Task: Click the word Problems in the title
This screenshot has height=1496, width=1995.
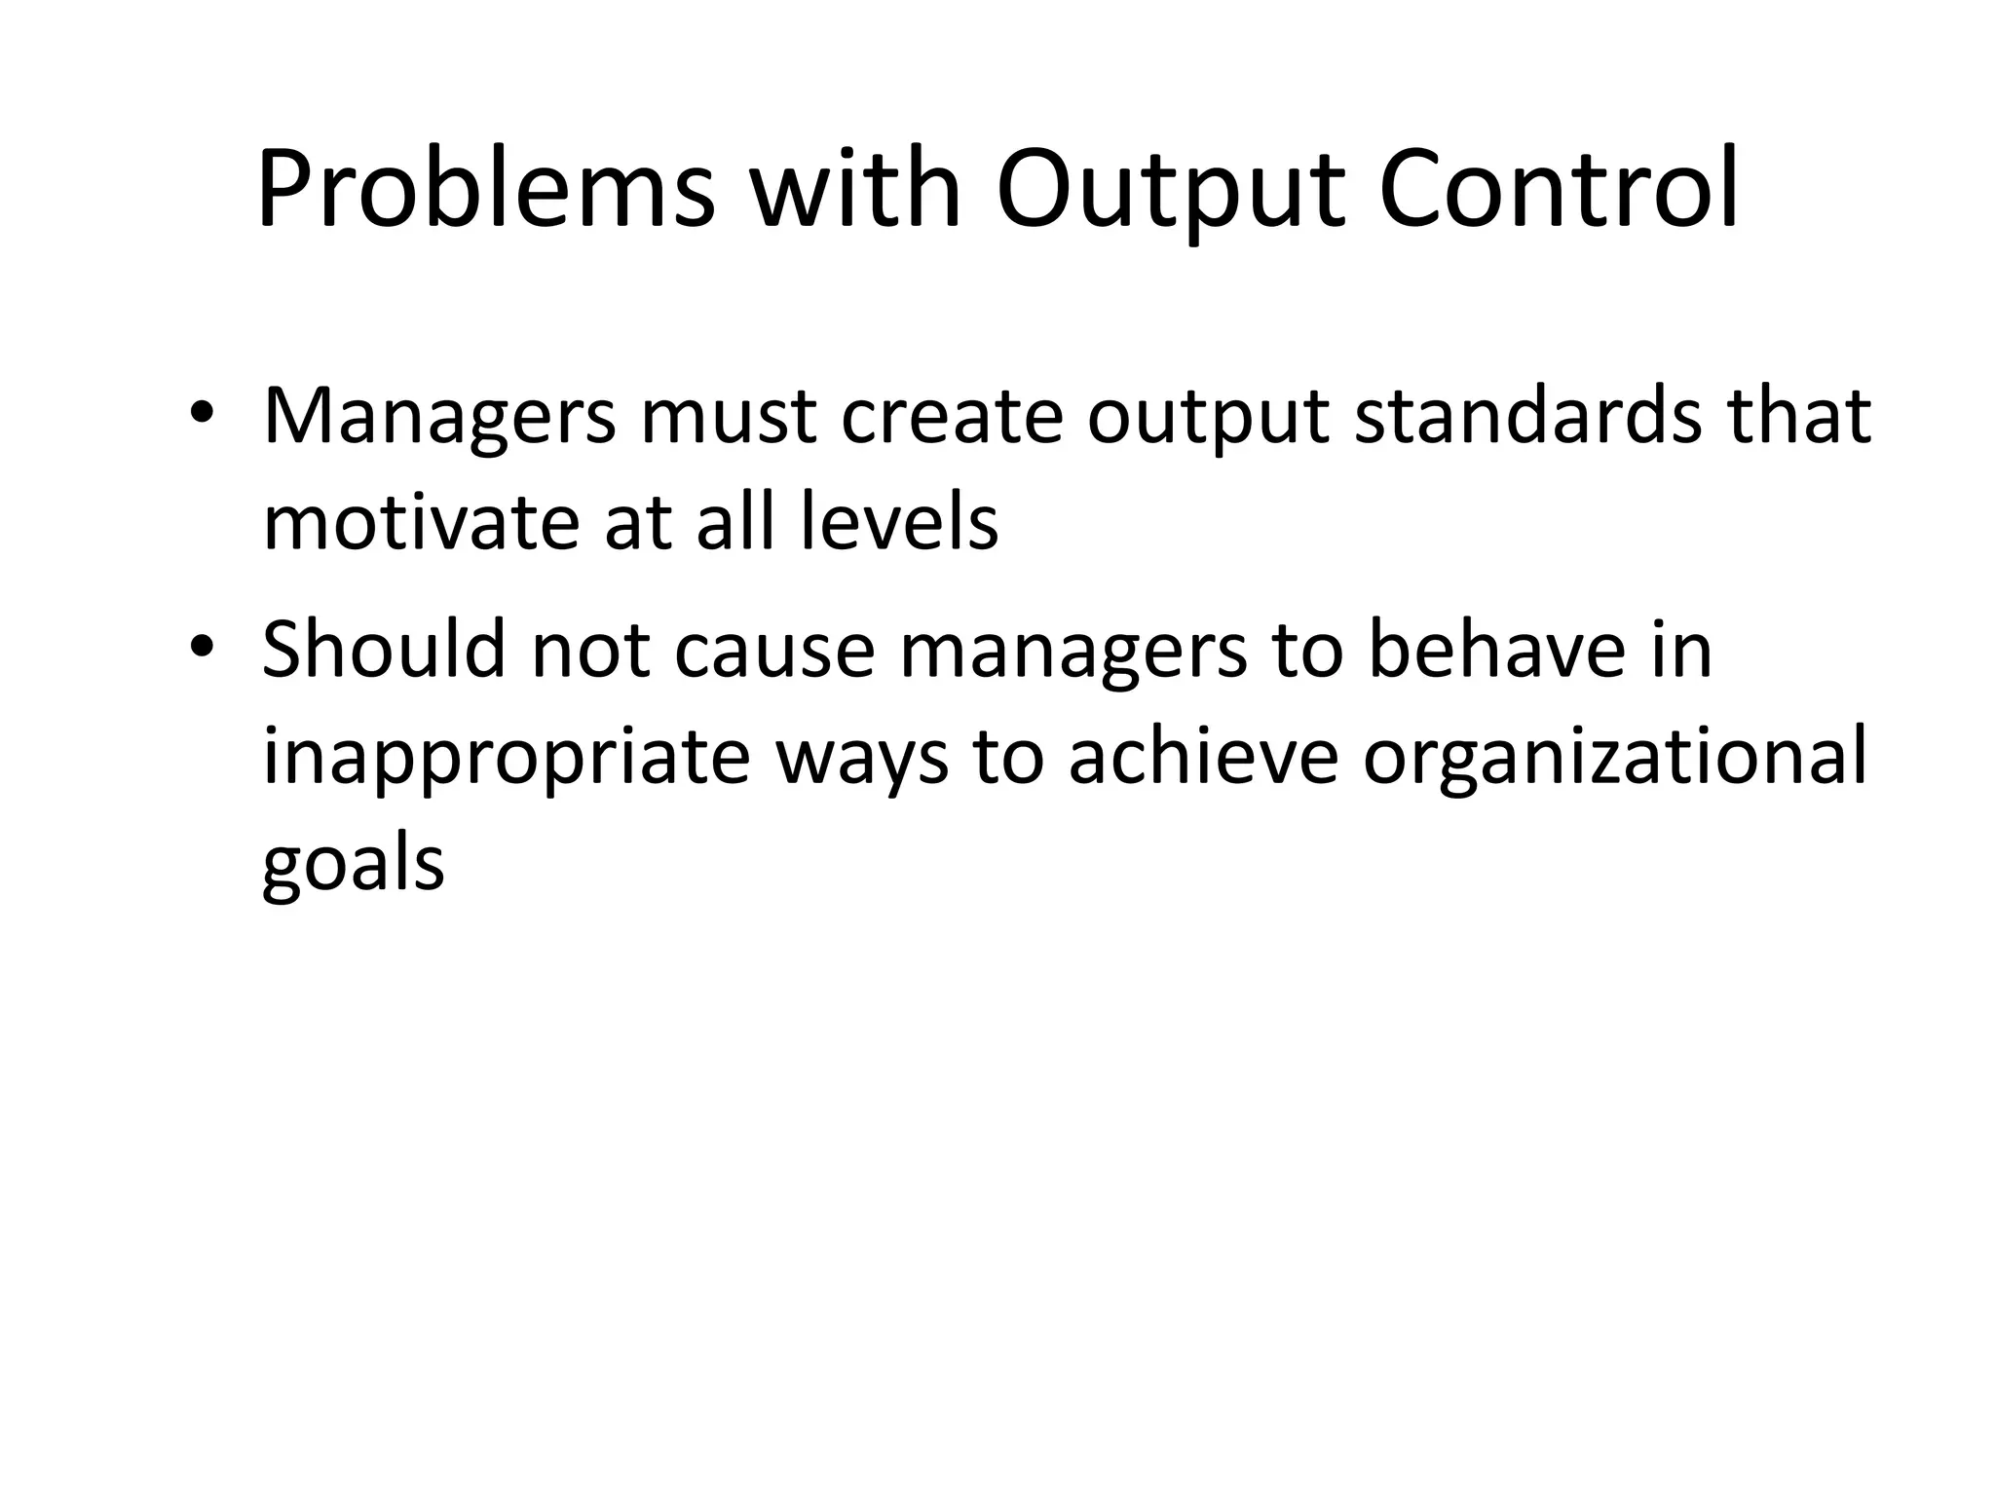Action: point(485,190)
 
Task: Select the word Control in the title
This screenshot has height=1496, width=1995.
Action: point(1560,190)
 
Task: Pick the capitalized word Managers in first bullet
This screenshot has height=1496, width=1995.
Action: point(439,417)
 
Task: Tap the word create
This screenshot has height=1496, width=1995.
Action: point(951,417)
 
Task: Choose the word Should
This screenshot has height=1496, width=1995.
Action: point(384,651)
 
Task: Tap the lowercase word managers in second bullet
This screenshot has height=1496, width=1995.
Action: point(1073,651)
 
